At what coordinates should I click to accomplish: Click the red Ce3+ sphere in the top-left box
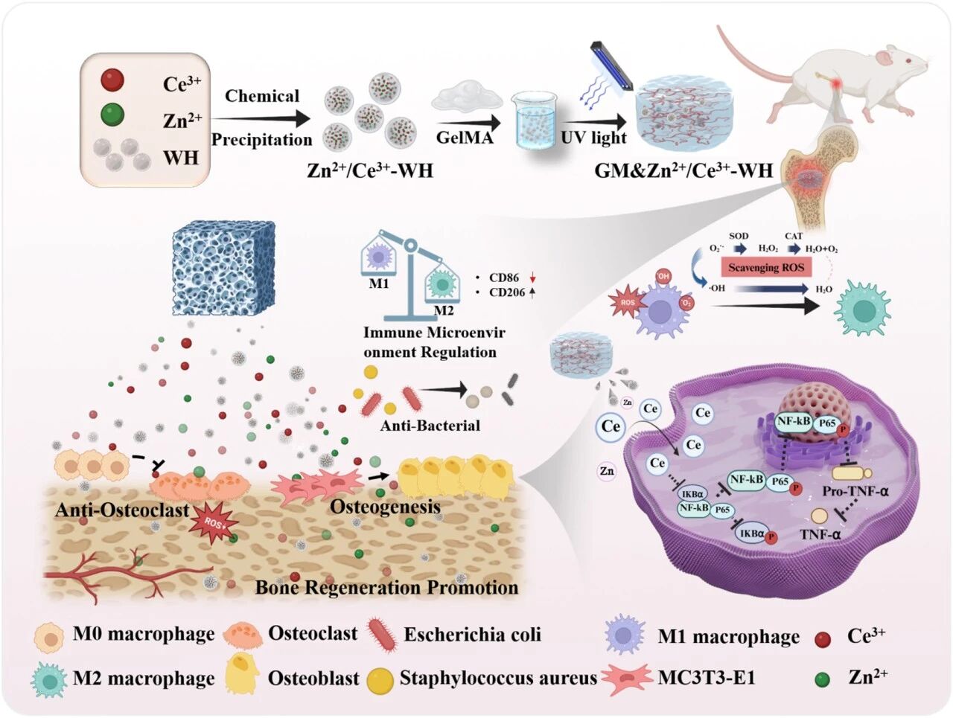[x=112, y=80]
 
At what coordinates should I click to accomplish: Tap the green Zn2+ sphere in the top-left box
[x=112, y=115]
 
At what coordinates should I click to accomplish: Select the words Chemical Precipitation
[x=262, y=118]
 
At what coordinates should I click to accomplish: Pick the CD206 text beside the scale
[x=507, y=292]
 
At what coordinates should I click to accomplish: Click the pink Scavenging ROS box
[x=766, y=267]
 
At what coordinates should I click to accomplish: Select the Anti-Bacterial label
[x=430, y=426]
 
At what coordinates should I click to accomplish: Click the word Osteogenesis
[x=384, y=507]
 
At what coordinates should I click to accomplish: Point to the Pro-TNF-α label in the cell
[x=855, y=491]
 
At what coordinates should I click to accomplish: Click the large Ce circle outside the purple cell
[x=611, y=426]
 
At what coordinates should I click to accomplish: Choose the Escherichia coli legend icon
[x=384, y=635]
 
